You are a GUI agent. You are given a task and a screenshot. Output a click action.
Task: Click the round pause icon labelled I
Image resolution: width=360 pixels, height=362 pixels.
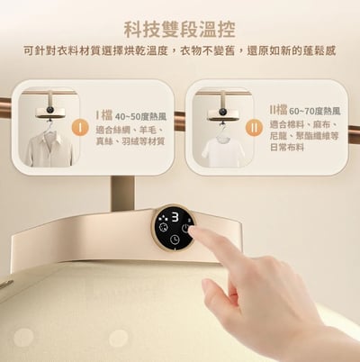84,117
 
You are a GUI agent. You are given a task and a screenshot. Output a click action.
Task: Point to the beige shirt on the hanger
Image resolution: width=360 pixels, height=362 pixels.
49,147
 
